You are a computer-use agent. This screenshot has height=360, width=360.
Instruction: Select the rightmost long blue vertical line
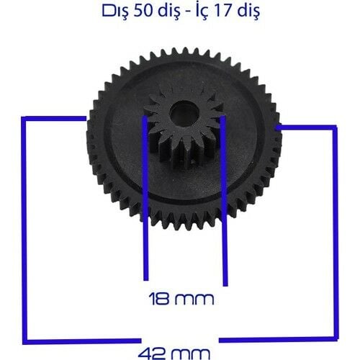coord(334,230)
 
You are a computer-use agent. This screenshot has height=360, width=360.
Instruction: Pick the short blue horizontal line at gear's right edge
coord(306,127)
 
